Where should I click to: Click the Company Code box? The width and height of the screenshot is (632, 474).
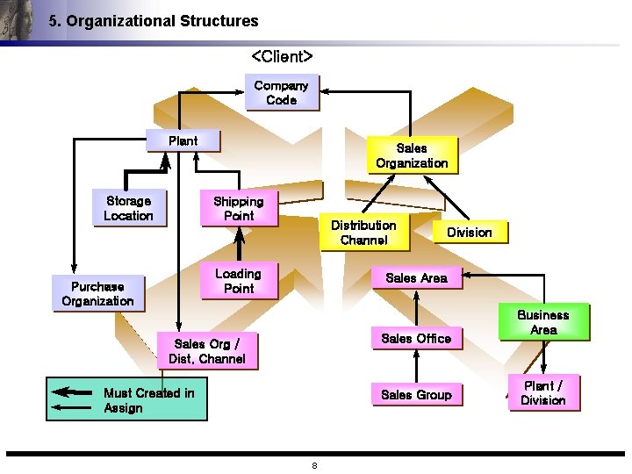281,92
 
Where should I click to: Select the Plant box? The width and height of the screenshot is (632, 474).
183,140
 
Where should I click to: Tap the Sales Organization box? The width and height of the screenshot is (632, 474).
411,155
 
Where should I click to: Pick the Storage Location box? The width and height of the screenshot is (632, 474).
128,208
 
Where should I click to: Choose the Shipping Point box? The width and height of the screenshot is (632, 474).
238,208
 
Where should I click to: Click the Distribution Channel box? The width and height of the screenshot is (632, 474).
363,233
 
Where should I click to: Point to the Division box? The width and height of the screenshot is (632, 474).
469,232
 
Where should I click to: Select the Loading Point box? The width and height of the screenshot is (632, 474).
238,281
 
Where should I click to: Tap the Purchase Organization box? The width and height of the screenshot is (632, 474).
97,293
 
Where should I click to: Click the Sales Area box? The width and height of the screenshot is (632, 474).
416,277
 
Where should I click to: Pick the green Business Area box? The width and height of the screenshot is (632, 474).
543,322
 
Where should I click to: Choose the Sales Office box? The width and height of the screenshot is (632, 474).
416,338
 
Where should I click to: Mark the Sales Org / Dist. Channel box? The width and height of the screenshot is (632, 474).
207,351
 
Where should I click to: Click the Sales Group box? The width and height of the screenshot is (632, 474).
416,395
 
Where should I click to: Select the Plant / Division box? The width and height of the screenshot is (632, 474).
543,392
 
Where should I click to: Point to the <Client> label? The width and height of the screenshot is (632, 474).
282,56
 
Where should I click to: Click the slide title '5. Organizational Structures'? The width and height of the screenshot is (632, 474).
154,21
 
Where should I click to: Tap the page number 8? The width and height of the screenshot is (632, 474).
314,465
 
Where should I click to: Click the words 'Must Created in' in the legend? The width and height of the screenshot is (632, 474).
148,392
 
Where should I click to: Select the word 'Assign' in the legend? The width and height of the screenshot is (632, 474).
123,408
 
